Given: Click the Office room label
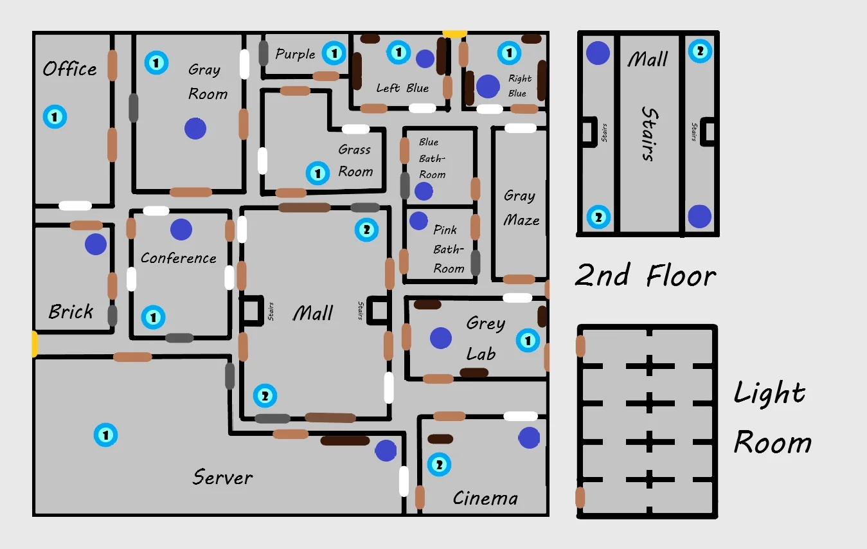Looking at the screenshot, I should pyautogui.click(x=69, y=69).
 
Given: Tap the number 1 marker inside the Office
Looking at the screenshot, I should pyautogui.click(x=55, y=117).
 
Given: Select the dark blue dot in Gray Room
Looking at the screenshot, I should pyautogui.click(x=195, y=129).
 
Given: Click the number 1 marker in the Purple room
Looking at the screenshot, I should pyautogui.click(x=334, y=53).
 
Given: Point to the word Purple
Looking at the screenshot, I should pyautogui.click(x=295, y=54).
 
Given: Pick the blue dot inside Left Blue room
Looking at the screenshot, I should pyautogui.click(x=425, y=59).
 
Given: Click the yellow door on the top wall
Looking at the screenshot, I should pyautogui.click(x=454, y=33).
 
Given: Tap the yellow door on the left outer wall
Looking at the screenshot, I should pyautogui.click(x=34, y=344).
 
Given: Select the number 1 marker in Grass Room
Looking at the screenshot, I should pyautogui.click(x=317, y=173).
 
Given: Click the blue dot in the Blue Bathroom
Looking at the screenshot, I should pyautogui.click(x=424, y=191).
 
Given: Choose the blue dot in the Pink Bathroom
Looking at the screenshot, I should pyautogui.click(x=418, y=221).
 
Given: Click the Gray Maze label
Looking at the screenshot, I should pyautogui.click(x=521, y=208).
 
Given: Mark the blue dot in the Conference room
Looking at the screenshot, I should pyautogui.click(x=181, y=230).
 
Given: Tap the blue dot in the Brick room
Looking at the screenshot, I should pyautogui.click(x=96, y=244).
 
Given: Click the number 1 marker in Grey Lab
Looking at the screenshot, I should pyautogui.click(x=528, y=340).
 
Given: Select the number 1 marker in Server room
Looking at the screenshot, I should pyautogui.click(x=105, y=435).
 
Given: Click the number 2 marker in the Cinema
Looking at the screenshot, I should pyautogui.click(x=439, y=465).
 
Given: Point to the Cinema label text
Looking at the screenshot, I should pyautogui.click(x=485, y=498).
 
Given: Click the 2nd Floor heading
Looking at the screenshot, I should pyautogui.click(x=645, y=276).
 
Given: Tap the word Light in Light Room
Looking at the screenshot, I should pyautogui.click(x=769, y=393).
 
